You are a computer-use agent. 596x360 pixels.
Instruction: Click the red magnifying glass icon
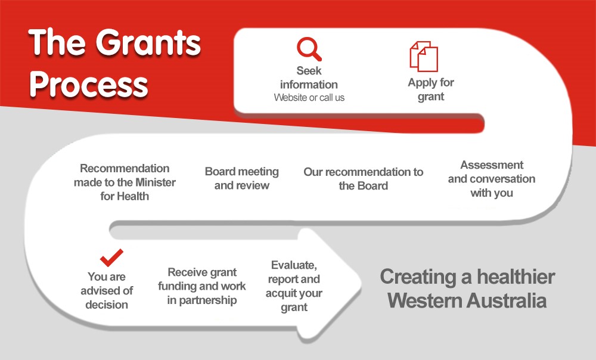(309, 49)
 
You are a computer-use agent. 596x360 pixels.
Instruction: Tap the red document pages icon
(424, 56)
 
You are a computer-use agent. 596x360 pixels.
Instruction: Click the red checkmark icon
(111, 257)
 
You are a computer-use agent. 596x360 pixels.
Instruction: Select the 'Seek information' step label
(309, 77)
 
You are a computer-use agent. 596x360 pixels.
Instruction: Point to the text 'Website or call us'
(309, 98)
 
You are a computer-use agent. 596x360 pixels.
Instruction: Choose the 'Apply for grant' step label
(431, 89)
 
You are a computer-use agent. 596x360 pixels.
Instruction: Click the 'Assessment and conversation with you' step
(492, 179)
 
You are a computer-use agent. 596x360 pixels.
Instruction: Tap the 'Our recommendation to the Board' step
(364, 179)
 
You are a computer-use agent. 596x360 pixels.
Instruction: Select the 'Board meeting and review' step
(242, 178)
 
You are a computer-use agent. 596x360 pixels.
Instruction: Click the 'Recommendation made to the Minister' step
(125, 182)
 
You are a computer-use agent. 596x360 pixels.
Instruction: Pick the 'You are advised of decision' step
(107, 290)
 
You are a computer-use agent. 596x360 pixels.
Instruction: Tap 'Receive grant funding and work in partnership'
(202, 286)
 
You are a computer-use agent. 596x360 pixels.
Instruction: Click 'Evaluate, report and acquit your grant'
(294, 286)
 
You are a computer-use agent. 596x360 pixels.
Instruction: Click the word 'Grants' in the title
(148, 42)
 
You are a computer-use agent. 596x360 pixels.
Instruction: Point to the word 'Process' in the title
(89, 85)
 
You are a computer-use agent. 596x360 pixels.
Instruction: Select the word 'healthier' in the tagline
(516, 277)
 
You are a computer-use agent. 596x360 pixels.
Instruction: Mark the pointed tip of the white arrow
(361, 283)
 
